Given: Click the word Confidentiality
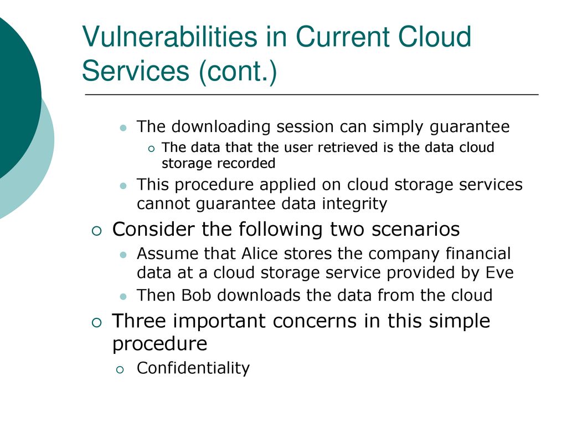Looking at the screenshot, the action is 193,368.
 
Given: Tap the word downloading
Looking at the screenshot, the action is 221,127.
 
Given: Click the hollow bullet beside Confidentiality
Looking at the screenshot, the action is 120,370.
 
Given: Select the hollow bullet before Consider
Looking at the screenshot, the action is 97,231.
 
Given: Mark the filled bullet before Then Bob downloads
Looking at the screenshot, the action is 123,297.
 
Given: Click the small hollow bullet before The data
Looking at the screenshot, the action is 151,149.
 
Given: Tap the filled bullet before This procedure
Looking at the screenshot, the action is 123,186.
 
